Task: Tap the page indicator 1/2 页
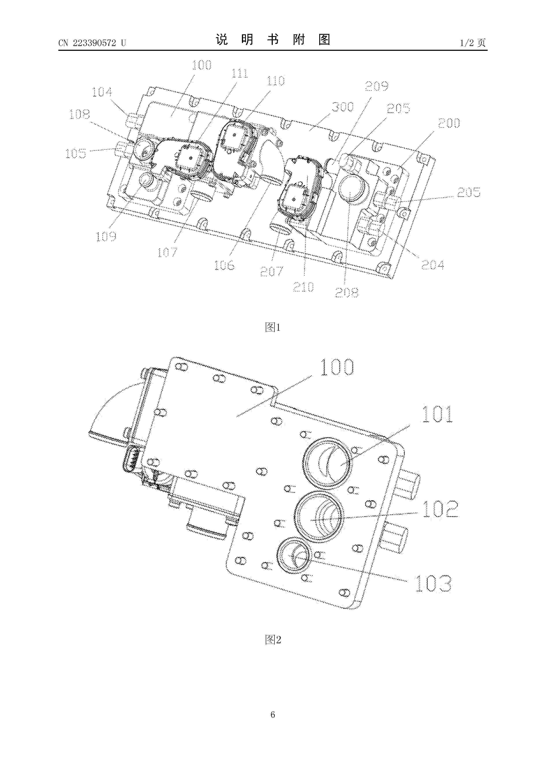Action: [x=473, y=43]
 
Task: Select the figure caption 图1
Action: [x=273, y=327]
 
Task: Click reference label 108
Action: [x=80, y=114]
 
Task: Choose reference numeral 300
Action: [x=343, y=107]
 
